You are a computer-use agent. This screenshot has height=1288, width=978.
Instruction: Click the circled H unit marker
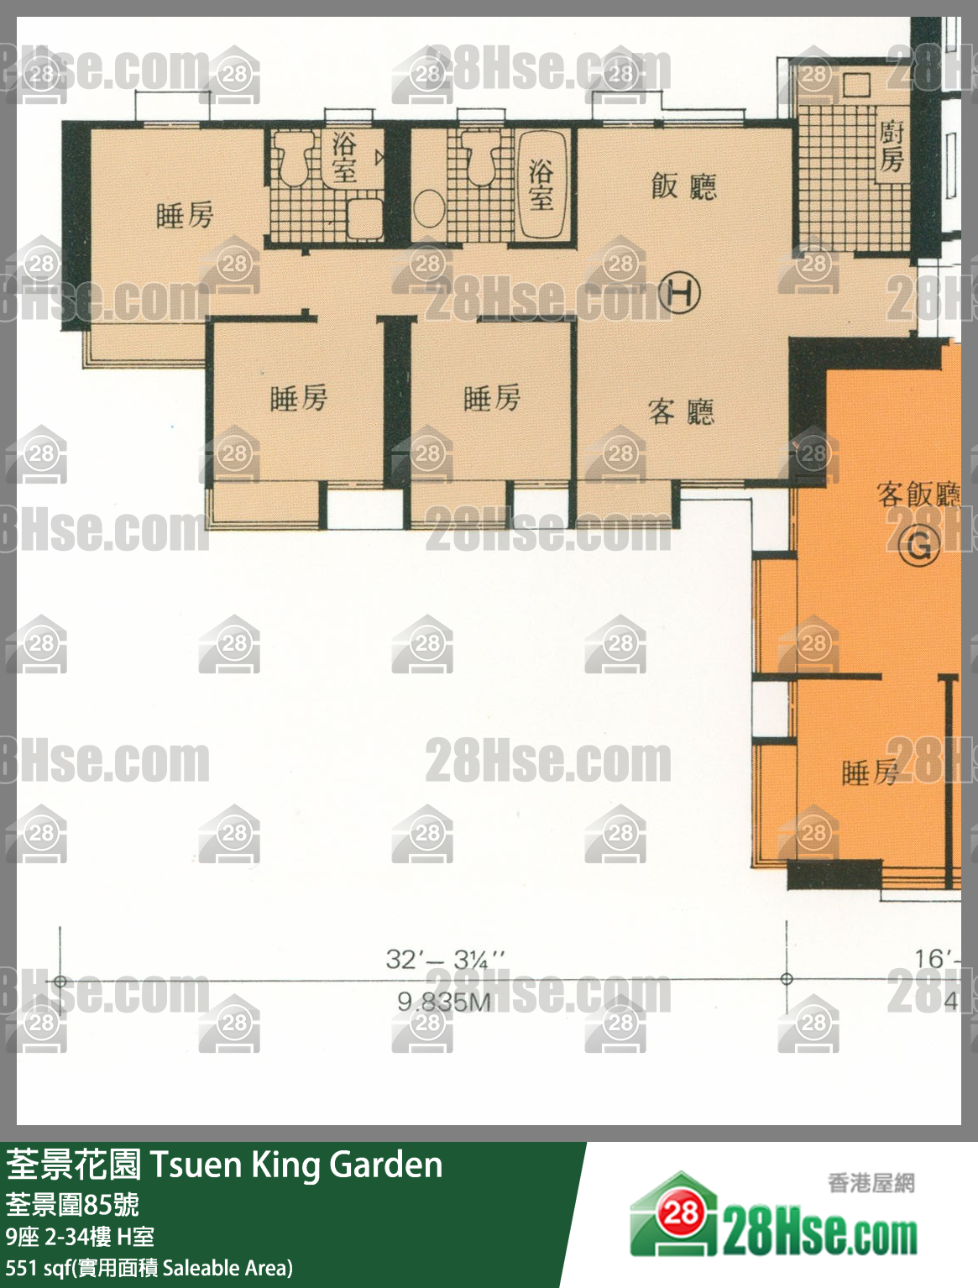pos(679,293)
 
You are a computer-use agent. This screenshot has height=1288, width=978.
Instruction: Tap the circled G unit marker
pos(919,547)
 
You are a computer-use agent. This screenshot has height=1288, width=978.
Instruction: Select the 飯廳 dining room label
pos(684,186)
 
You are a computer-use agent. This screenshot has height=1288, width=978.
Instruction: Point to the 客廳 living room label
pos(681,411)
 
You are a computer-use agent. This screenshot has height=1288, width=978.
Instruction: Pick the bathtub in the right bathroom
pos(541,185)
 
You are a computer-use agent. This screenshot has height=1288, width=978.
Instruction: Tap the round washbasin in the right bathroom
pos(429,207)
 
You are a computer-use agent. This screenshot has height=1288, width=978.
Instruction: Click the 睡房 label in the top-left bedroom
pos(185,216)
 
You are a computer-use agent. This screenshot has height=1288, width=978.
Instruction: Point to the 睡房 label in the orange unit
pos(870,772)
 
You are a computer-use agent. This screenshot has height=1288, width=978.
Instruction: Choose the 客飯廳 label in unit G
pos(918,494)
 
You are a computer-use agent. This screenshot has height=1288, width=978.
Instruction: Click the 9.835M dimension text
pos(444,1001)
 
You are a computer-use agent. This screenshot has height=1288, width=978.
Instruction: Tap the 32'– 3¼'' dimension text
pos(446,959)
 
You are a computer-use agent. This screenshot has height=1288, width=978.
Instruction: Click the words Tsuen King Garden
pos(296,1165)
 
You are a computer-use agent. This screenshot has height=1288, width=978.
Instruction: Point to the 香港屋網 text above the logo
pos(871,1183)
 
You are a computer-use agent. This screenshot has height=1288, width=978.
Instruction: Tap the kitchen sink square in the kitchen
pos(856,85)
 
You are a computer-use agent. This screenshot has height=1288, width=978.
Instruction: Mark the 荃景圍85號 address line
pos(72,1205)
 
